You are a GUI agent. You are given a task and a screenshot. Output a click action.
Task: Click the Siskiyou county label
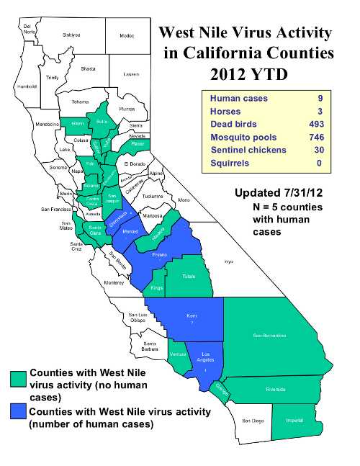(71, 34)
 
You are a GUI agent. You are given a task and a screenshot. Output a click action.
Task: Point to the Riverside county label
(275, 390)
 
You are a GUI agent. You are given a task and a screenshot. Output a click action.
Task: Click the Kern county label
(192, 316)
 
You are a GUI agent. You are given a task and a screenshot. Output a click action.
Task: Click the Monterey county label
(114, 284)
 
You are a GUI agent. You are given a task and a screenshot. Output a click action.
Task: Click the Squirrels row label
(230, 163)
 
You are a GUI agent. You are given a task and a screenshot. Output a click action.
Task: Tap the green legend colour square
(18, 380)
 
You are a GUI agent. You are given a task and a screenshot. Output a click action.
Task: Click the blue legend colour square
(18, 412)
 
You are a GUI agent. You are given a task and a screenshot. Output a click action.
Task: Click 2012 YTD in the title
(245, 73)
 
